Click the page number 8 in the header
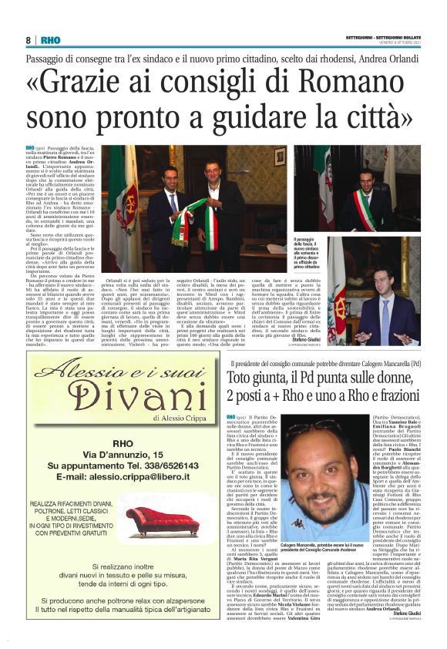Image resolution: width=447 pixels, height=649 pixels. pos(28,40)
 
